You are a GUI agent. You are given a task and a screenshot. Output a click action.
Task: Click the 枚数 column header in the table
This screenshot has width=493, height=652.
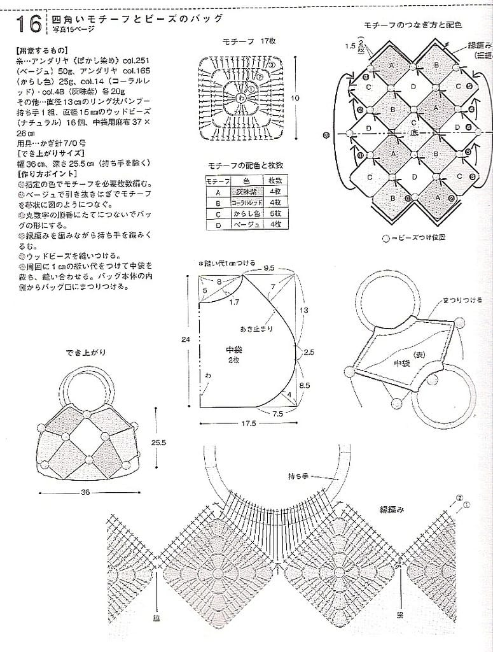(275, 181)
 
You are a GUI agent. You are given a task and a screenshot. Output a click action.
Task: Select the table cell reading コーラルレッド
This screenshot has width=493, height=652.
(244, 203)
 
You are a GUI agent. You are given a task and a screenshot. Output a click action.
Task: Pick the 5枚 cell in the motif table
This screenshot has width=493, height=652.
(275, 213)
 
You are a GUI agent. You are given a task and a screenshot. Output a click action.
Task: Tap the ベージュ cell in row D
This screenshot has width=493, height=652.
(244, 224)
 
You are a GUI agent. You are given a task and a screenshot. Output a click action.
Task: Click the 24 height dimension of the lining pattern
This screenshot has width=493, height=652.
(185, 341)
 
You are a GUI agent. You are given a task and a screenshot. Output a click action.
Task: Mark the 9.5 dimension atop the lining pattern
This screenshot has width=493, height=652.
(269, 268)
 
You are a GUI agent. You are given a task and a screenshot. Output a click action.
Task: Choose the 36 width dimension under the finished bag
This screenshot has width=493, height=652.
(86, 492)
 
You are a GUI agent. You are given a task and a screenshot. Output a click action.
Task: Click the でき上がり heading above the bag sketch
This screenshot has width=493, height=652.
(86, 352)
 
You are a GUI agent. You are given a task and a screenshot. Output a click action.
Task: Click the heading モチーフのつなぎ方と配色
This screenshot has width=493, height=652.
(412, 24)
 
